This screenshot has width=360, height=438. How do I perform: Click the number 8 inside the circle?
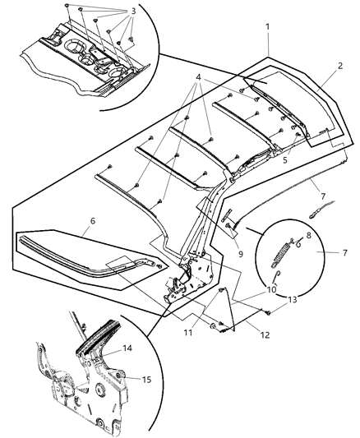pyautogui.click(x=309, y=236)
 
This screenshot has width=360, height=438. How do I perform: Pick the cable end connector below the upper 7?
pyautogui.click(x=313, y=215)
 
